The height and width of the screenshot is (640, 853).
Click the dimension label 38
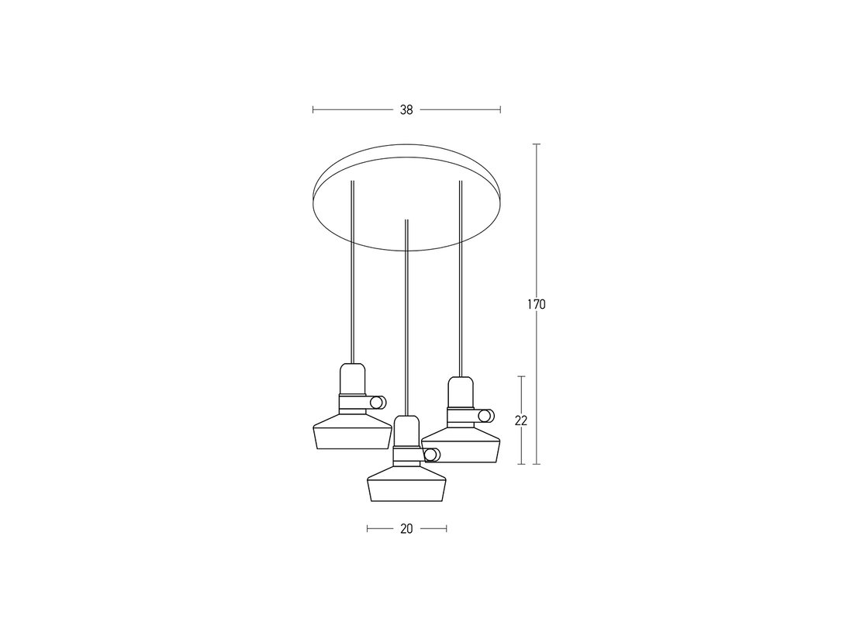pyautogui.click(x=406, y=110)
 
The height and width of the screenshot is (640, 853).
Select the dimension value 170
pyautogui.click(x=536, y=305)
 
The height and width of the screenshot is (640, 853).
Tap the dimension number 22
pyautogui.click(x=521, y=420)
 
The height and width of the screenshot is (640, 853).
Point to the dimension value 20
pyautogui.click(x=406, y=528)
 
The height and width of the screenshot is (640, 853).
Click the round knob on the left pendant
pyautogui.click(x=377, y=403)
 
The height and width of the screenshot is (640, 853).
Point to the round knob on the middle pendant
pyautogui.click(x=431, y=455)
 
